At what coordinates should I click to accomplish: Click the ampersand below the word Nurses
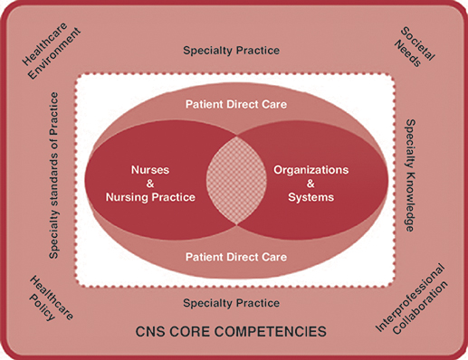148,182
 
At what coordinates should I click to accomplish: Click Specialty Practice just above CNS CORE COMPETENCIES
231,303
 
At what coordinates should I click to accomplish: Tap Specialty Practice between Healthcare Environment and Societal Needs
231,51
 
